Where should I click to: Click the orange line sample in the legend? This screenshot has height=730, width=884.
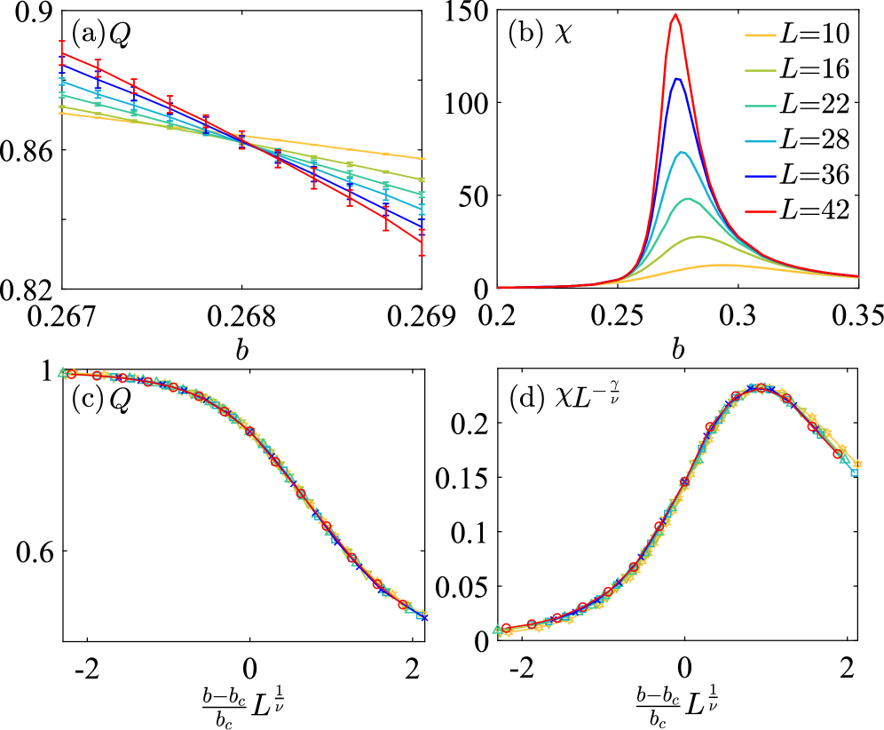pos(760,36)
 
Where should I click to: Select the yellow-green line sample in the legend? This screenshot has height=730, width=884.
pos(760,71)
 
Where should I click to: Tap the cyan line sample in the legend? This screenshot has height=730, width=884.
pos(760,141)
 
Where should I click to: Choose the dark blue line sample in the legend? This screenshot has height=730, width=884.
pos(760,177)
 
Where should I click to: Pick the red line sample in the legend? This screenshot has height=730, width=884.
pos(760,212)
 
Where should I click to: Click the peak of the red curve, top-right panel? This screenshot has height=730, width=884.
pos(675,15)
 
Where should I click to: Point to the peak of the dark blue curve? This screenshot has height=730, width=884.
pos(678,79)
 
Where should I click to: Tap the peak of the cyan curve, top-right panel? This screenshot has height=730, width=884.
pos(682,152)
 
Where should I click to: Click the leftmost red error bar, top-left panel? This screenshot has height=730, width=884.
pos(61,52)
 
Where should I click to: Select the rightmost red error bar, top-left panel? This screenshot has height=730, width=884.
pos(422,242)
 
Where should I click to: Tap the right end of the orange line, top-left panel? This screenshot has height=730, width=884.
pos(423,159)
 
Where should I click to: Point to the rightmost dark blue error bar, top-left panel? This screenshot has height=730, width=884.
pos(422,223)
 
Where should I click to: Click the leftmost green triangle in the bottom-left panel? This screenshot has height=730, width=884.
pos(62,372)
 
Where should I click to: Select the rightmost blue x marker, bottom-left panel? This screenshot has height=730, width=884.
pos(423,616)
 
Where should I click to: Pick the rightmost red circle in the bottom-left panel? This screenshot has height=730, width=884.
pos(402,605)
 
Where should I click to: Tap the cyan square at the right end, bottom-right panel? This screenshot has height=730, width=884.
pos(854,472)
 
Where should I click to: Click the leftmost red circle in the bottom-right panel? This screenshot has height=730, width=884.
pos(506,628)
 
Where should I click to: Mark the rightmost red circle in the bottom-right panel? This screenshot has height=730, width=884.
pos(837,454)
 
